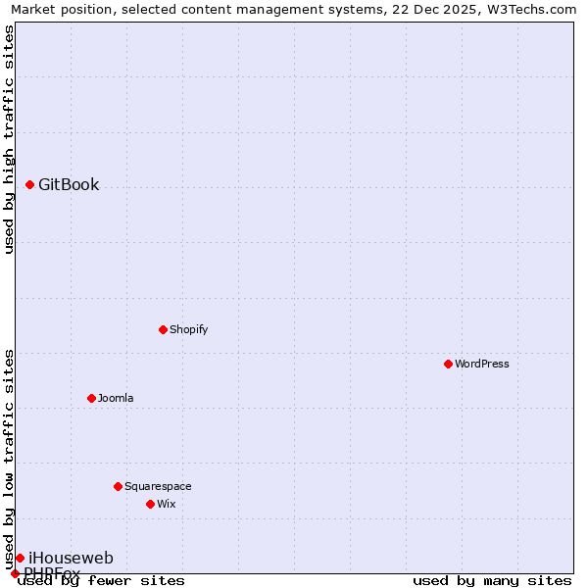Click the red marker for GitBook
click(x=30, y=184)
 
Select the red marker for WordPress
click(x=448, y=364)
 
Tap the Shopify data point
click(x=163, y=329)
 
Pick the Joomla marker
click(x=91, y=398)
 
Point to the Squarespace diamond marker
click(x=118, y=486)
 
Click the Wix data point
click(x=150, y=504)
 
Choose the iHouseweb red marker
click(x=20, y=558)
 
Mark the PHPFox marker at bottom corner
click(x=15, y=573)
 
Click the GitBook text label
click(x=69, y=185)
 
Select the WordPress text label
click(x=482, y=364)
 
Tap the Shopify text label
click(x=189, y=329)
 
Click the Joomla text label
click(x=116, y=398)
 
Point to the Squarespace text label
click(x=158, y=486)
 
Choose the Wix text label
click(x=166, y=504)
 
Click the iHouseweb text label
click(x=71, y=559)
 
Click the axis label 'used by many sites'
click(x=492, y=580)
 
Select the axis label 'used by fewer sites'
click(x=101, y=580)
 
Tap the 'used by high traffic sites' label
click(x=9, y=139)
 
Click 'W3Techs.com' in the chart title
click(x=536, y=9)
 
